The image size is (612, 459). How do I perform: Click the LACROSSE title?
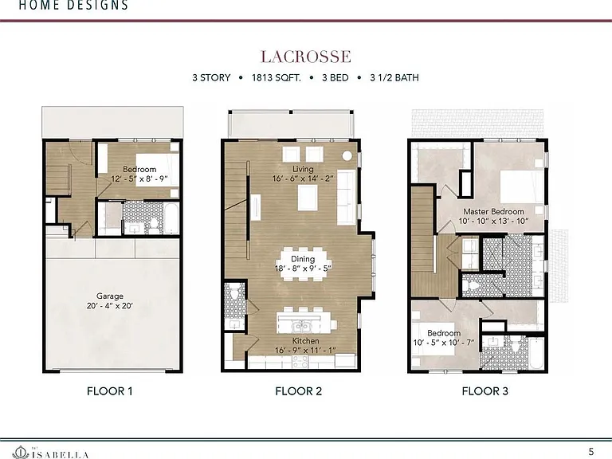306,57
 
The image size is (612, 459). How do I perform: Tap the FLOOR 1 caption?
110,391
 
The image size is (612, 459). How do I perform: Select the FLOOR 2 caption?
299,391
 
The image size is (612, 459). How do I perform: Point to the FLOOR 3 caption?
485,391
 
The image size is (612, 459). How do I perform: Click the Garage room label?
110,296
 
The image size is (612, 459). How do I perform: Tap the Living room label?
303,169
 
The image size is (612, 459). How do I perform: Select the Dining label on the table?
303,259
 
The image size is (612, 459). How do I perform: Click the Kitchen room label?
306,341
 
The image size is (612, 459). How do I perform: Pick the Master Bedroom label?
494,211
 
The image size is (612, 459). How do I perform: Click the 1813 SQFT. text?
277,77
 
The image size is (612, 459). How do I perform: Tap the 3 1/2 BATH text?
394,77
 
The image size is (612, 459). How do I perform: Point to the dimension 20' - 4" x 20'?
110,306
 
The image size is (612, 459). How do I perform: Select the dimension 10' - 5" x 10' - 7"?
444,343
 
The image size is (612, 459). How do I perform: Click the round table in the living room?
347,155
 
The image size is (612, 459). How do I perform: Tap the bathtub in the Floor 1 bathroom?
172,219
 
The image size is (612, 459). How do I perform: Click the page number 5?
591,452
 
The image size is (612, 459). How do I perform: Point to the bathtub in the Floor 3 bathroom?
535,353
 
